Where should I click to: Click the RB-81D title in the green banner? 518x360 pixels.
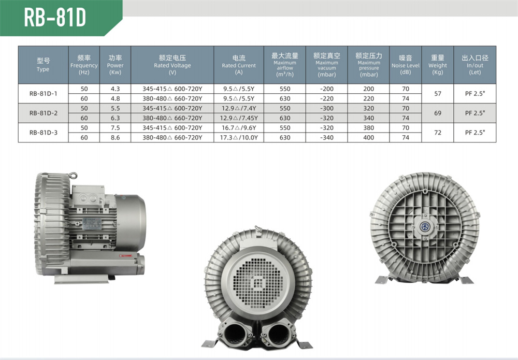55,17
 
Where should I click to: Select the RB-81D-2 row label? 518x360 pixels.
44,113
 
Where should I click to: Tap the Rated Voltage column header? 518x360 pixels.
172,65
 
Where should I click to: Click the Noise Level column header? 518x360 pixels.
406,65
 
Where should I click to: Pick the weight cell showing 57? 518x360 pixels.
438,93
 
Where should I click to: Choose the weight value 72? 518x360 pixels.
438,133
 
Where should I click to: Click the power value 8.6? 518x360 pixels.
116,137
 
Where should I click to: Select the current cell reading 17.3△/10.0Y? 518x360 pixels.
239,137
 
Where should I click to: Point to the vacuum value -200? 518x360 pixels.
327,89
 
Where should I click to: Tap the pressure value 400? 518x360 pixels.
369,137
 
